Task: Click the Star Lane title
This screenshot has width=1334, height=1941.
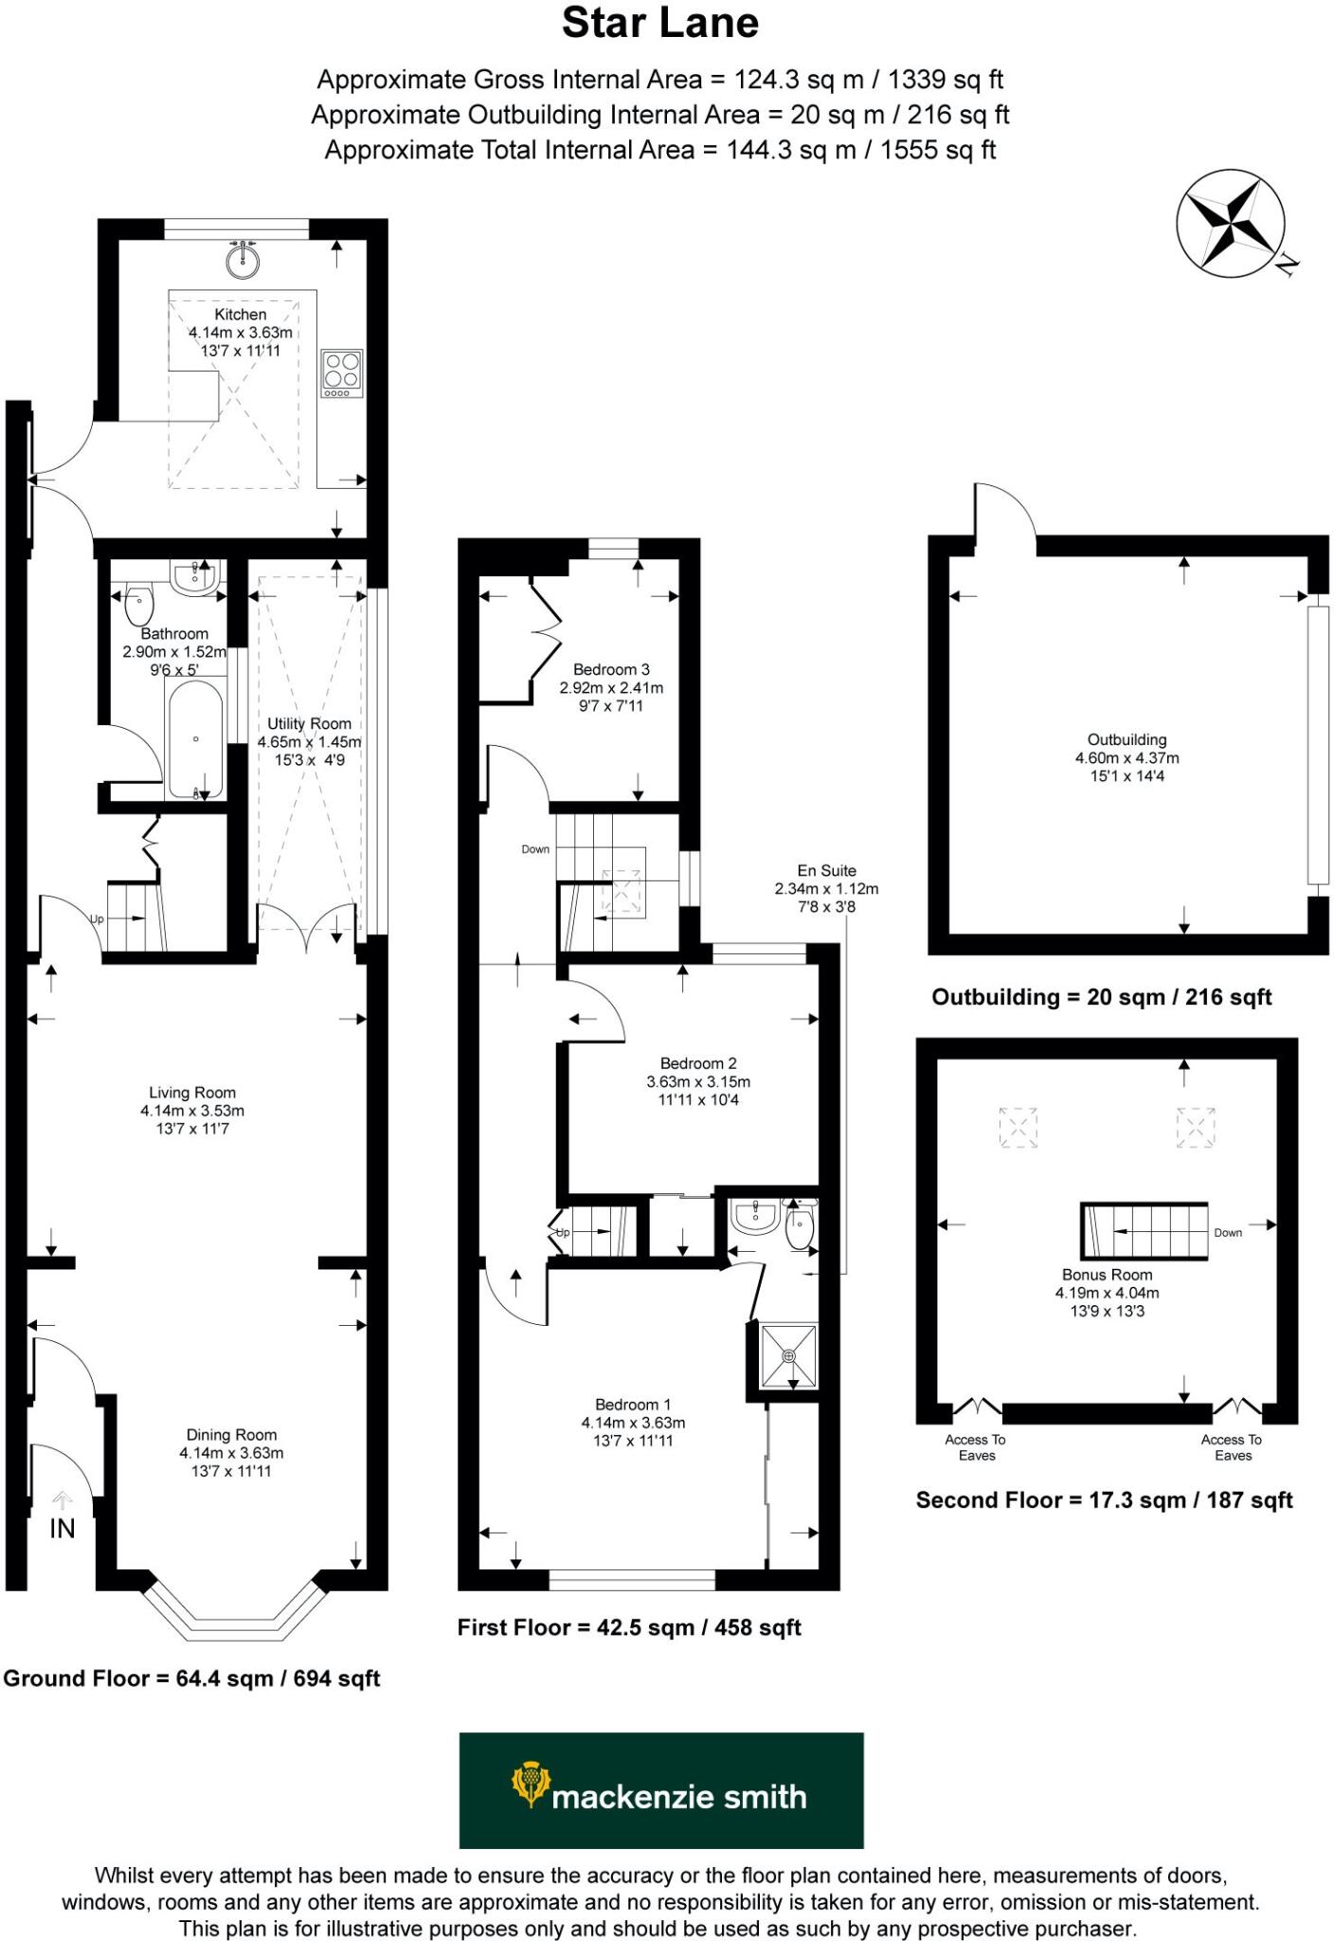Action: click(x=660, y=24)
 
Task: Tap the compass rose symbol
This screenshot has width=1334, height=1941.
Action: click(x=1231, y=225)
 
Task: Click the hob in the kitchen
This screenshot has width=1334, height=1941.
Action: click(x=341, y=373)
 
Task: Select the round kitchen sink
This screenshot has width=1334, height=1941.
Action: click(x=243, y=260)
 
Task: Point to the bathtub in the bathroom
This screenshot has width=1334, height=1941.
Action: click(x=196, y=739)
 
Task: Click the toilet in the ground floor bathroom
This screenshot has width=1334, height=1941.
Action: click(x=139, y=603)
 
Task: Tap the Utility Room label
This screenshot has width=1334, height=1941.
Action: click(x=309, y=724)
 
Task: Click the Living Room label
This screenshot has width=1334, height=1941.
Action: click(x=192, y=1093)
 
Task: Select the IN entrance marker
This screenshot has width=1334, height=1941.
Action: click(x=63, y=1528)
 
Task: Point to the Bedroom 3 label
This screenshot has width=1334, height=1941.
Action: click(x=611, y=670)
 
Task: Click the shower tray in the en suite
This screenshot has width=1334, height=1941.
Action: click(x=789, y=1356)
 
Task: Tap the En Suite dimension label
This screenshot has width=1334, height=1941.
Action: click(x=826, y=888)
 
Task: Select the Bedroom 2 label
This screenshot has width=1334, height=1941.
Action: click(x=698, y=1063)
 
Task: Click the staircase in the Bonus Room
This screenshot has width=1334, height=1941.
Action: click(x=1145, y=1231)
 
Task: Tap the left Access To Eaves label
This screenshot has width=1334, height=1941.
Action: click(x=976, y=1447)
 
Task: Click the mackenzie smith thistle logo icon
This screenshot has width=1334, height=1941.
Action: click(x=531, y=1785)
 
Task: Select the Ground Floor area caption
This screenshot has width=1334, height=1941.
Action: click(x=191, y=1678)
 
